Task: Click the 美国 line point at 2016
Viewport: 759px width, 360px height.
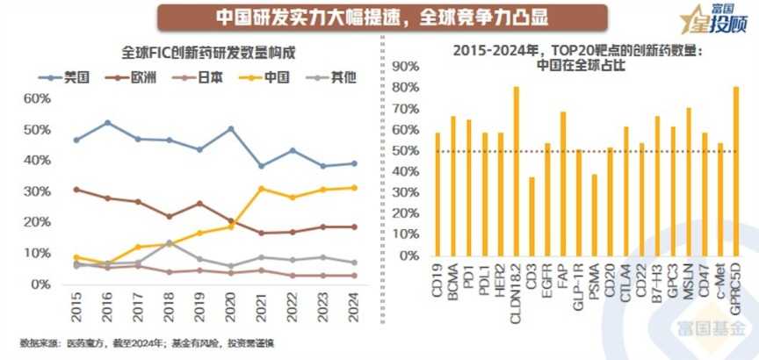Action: click(x=107, y=123)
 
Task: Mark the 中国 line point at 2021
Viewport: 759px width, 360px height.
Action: click(x=262, y=189)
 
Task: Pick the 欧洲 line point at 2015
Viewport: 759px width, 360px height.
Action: click(x=76, y=189)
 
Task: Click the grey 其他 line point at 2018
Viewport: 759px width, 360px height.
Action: click(x=170, y=242)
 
